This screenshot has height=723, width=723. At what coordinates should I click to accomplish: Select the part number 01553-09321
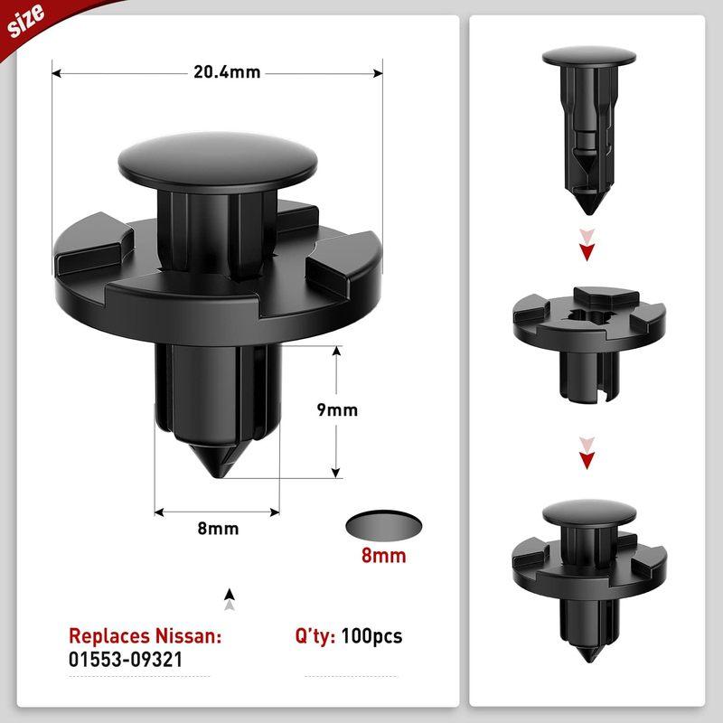click(x=126, y=660)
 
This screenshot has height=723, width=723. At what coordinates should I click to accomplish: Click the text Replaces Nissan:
click(x=145, y=635)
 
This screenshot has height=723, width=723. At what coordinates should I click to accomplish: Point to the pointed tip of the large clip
click(x=218, y=474)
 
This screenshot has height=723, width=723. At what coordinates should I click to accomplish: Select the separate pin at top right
click(x=589, y=127)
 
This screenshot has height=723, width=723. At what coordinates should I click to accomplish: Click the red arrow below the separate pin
click(x=589, y=248)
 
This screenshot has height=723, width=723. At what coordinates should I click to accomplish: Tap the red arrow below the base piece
click(x=589, y=457)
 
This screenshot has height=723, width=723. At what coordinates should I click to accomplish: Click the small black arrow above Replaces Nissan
click(x=230, y=597)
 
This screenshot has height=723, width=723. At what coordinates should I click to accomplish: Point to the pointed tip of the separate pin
click(x=588, y=205)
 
